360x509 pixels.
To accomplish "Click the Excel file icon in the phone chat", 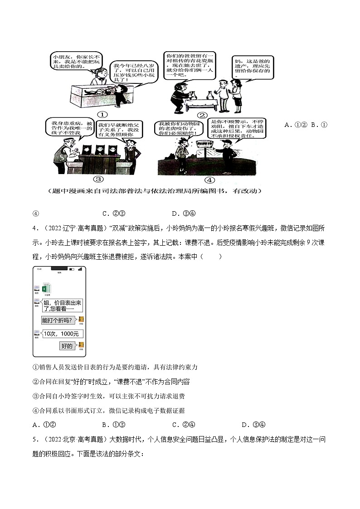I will click(x=46, y=289).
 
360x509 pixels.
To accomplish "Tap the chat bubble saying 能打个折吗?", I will click(x=59, y=320).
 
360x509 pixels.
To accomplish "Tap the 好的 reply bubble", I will click(x=67, y=346).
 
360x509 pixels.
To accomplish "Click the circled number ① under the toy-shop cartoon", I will click(x=102, y=115).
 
